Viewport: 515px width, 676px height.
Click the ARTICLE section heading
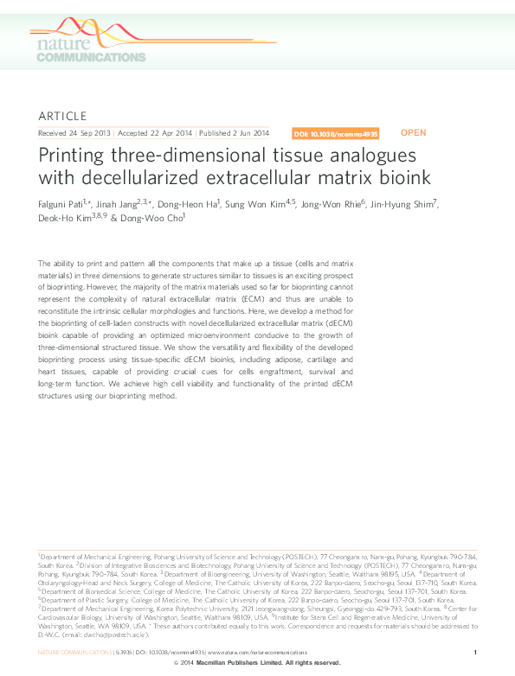(63, 116)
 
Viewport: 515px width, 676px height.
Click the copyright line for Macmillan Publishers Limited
(257, 662)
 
